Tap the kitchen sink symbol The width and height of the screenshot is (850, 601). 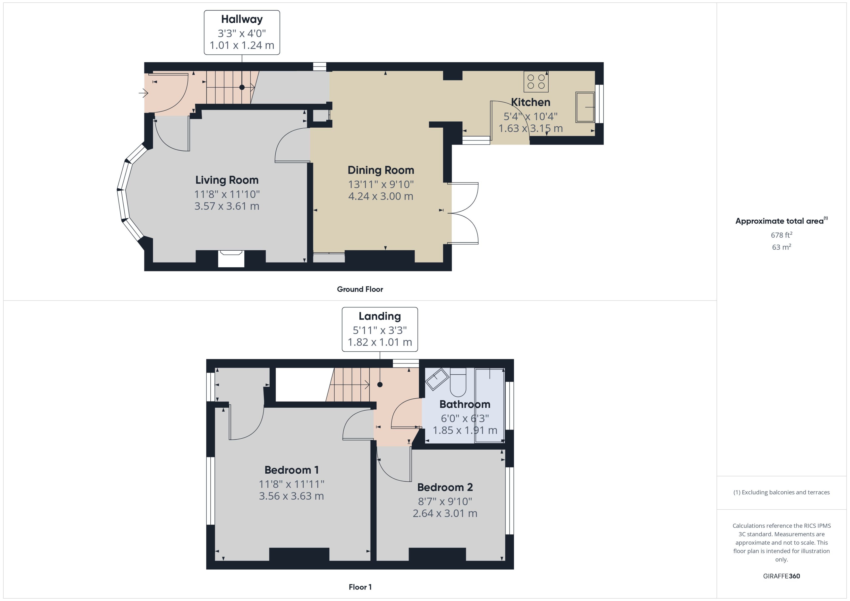click(x=585, y=107)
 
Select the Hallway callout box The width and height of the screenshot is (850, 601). click(x=242, y=33)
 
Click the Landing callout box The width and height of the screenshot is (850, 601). click(x=380, y=329)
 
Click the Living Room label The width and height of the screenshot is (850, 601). click(x=227, y=180)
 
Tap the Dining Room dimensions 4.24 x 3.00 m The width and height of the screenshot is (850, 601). click(x=380, y=196)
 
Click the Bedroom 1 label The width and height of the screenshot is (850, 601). click(x=291, y=470)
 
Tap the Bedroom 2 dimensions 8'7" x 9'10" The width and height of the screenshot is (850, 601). click(x=445, y=502)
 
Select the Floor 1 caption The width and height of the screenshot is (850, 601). click(x=360, y=587)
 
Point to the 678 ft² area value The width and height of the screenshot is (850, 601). click(x=781, y=235)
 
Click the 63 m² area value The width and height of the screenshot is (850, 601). click(x=781, y=247)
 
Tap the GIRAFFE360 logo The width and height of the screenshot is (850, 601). click(x=781, y=576)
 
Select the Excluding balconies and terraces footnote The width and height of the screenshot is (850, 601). click(x=781, y=492)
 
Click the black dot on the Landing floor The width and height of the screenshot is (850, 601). click(x=380, y=385)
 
